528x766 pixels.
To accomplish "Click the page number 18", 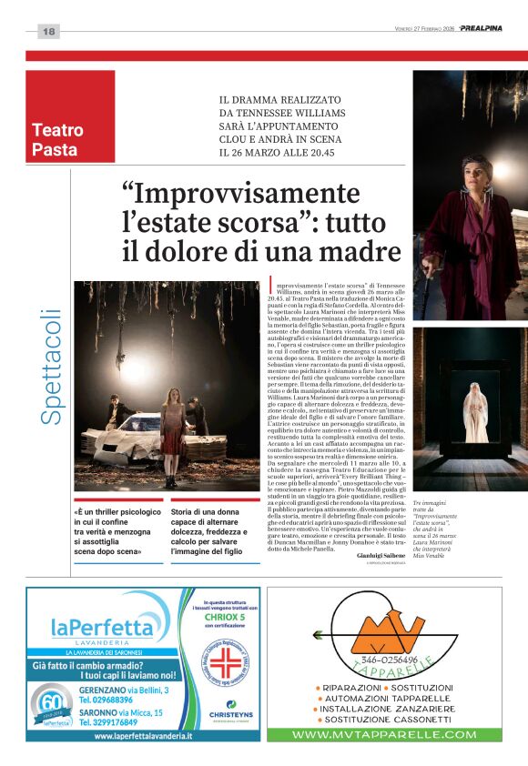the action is (48, 32).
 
